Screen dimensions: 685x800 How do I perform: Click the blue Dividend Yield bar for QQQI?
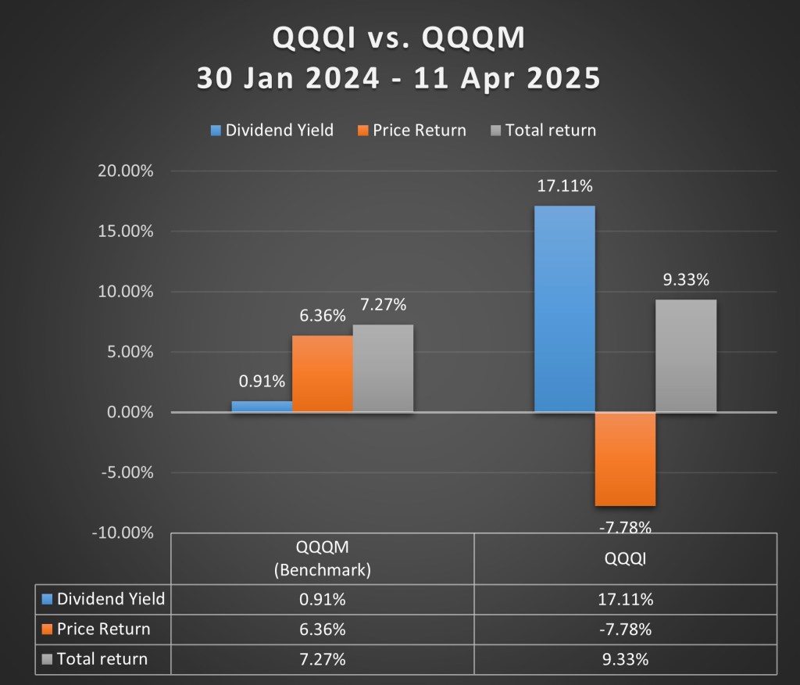[564, 309]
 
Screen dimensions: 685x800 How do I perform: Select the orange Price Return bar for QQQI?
[625, 459]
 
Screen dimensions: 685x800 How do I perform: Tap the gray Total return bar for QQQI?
[686, 356]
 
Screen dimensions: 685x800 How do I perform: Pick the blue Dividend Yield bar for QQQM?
[262, 407]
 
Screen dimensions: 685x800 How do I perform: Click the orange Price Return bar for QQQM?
[323, 374]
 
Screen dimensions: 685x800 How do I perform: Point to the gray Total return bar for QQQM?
[383, 368]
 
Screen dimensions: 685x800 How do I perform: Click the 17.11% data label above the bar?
[564, 187]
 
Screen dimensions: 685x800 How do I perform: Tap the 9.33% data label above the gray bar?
[686, 280]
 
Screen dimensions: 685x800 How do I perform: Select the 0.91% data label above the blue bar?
[262, 382]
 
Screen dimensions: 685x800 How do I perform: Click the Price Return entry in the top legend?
[412, 131]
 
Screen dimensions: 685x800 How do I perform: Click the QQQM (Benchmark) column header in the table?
[322, 558]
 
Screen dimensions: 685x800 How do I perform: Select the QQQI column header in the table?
[625, 558]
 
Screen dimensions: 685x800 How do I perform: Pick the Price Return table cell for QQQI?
[625, 629]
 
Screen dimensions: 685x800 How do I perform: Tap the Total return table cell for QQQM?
[322, 659]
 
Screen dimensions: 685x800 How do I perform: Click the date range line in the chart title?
[399, 79]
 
